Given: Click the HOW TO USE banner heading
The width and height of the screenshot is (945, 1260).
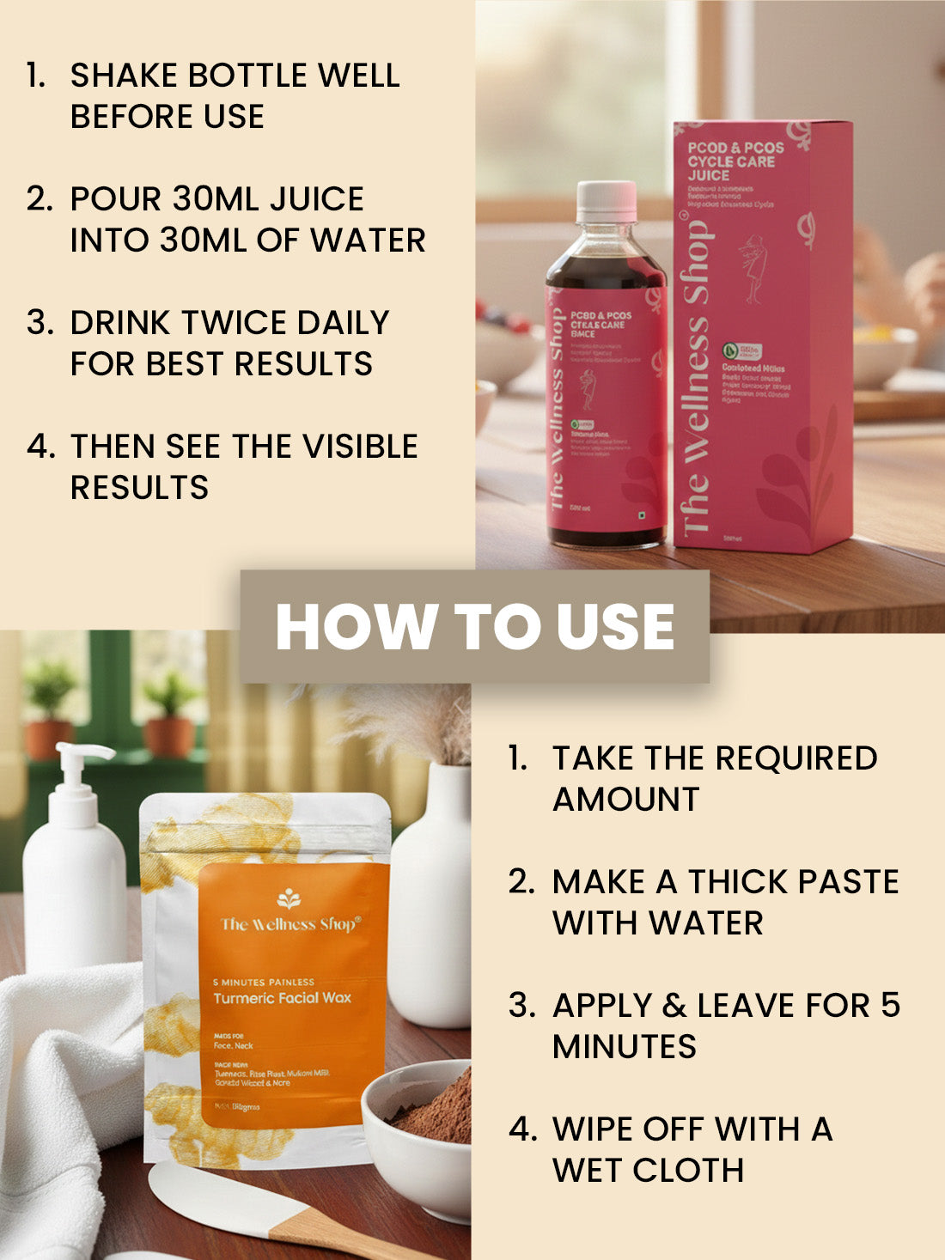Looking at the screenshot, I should (x=474, y=626).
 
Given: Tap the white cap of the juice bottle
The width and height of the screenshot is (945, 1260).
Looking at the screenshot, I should (x=607, y=202).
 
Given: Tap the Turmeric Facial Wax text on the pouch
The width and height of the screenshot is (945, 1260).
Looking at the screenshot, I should (x=282, y=998).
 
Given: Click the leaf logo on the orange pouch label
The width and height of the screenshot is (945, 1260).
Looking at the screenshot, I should (x=288, y=898).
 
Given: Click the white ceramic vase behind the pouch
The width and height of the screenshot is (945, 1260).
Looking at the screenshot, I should (x=434, y=902).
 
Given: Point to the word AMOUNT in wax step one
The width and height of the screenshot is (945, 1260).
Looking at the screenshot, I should (x=626, y=800).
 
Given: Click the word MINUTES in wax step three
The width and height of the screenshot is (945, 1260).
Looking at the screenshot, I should (x=625, y=1047).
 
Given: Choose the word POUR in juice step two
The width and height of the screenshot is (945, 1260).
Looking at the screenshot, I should (x=116, y=199).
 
